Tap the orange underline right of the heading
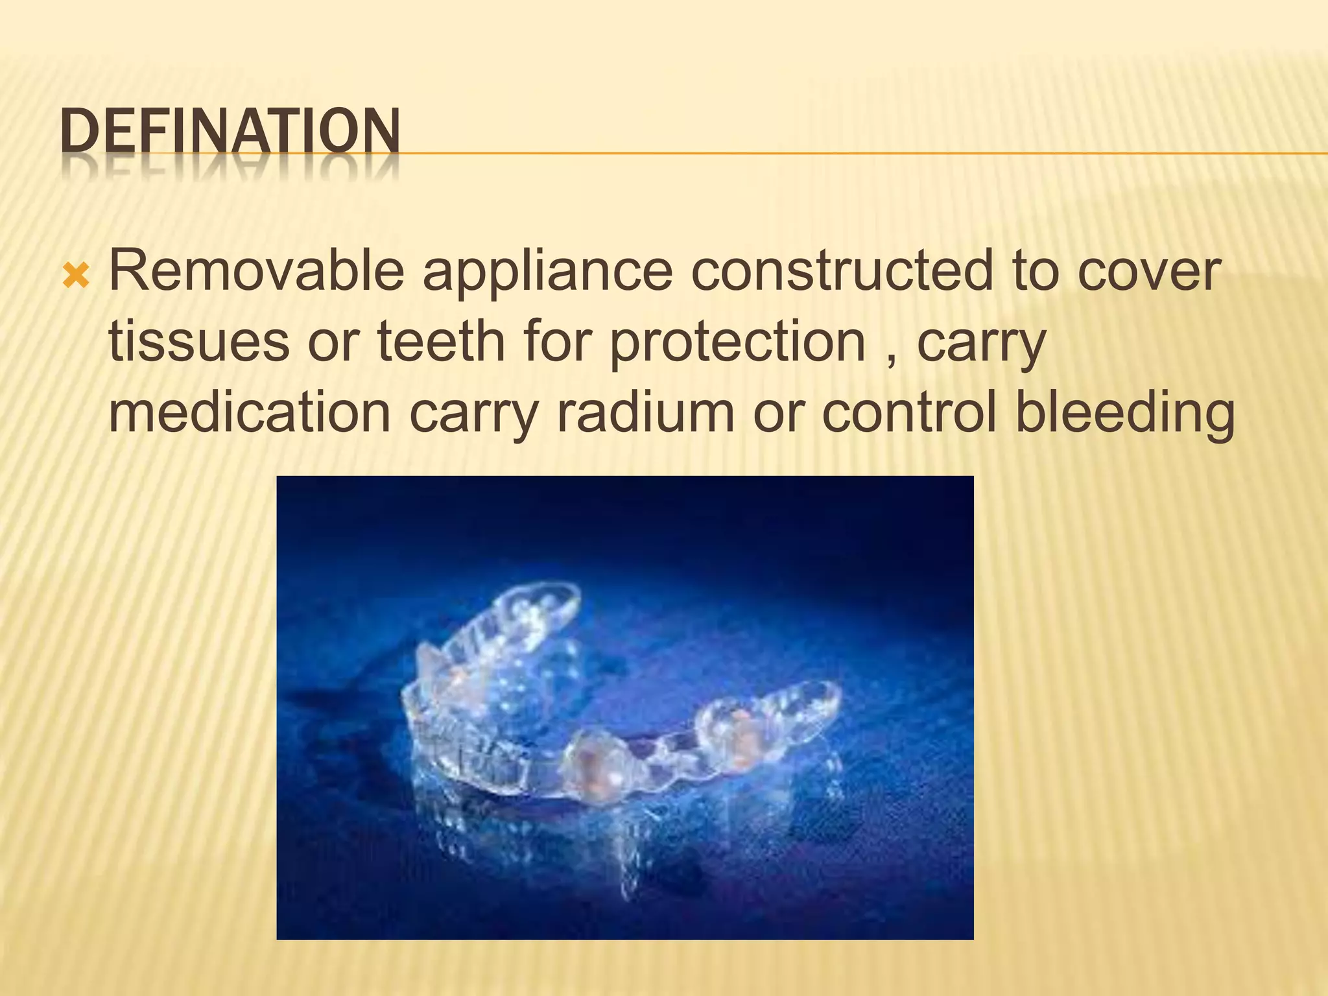[x=843, y=154]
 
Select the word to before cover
[x=1034, y=272]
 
